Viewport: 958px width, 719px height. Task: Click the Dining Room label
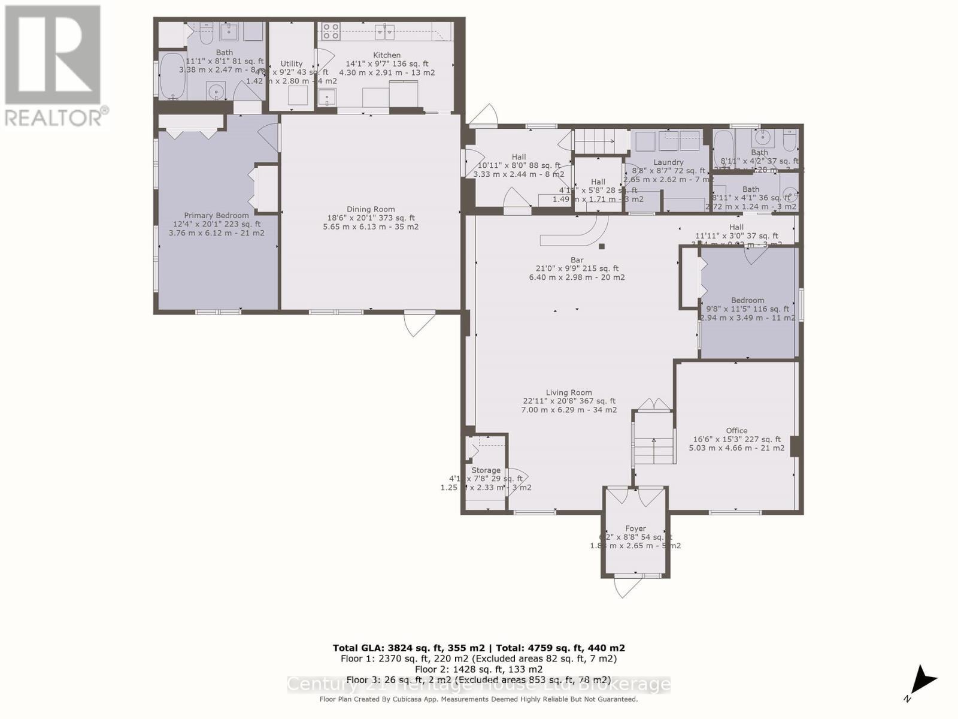click(371, 209)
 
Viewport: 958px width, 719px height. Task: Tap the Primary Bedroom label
click(216, 215)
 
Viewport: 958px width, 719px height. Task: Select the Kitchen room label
click(387, 55)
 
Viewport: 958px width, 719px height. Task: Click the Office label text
click(736, 430)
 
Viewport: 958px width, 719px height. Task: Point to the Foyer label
click(635, 528)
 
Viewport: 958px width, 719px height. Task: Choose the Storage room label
click(486, 470)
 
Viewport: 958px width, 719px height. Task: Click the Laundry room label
click(668, 162)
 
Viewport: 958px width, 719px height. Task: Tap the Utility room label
click(292, 64)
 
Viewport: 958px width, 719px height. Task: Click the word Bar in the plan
click(577, 260)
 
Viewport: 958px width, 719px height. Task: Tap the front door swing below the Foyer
click(626, 588)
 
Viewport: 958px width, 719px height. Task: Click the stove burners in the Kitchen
click(331, 31)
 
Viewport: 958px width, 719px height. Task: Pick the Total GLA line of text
click(479, 648)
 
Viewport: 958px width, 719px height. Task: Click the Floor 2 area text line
click(479, 669)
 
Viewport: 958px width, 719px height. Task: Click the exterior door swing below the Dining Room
click(419, 324)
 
